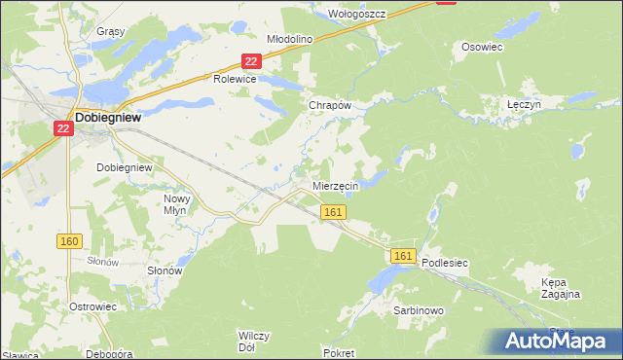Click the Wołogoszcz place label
point(357,14)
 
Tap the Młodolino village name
point(288,39)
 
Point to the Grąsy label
point(111,31)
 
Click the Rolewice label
point(235,80)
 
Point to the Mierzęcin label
point(336,185)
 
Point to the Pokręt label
point(341,353)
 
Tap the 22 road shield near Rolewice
point(251,61)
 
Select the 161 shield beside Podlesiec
point(405,255)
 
